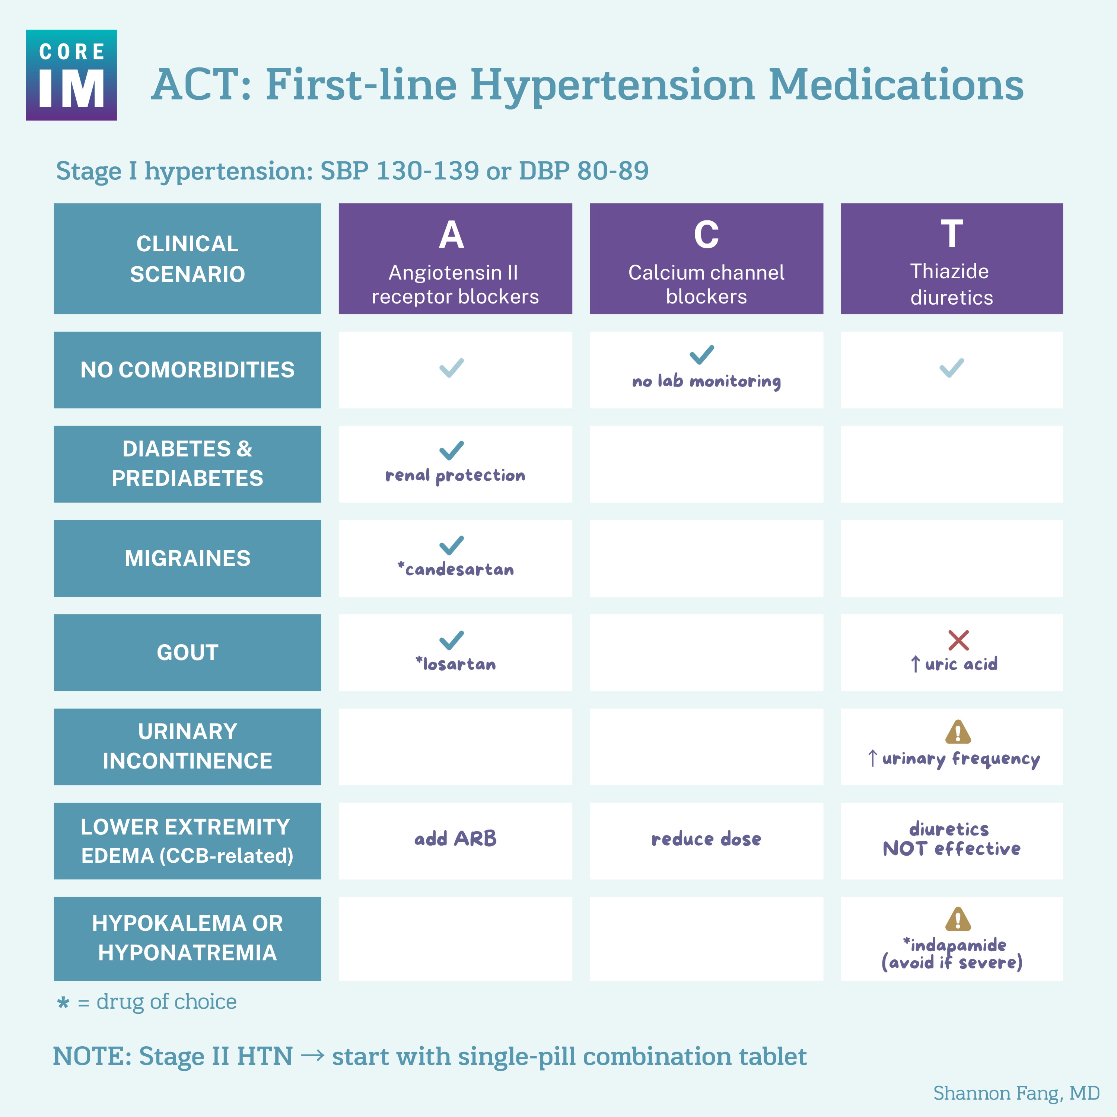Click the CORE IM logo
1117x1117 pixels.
71,75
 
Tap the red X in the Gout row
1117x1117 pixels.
958,640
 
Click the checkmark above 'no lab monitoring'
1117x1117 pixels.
702,354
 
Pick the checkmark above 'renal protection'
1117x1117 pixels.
452,450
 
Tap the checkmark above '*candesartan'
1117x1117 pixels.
452,545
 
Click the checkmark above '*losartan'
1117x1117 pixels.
452,639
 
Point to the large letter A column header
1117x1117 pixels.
452,235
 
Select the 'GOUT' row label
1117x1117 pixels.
187,652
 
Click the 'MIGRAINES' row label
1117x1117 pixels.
187,558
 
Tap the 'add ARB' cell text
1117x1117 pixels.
455,838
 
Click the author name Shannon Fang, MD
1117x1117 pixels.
1016,1093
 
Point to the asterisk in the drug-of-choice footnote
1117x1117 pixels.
63,1002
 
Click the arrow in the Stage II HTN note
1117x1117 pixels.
312,1056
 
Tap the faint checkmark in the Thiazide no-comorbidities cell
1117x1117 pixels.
951,368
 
